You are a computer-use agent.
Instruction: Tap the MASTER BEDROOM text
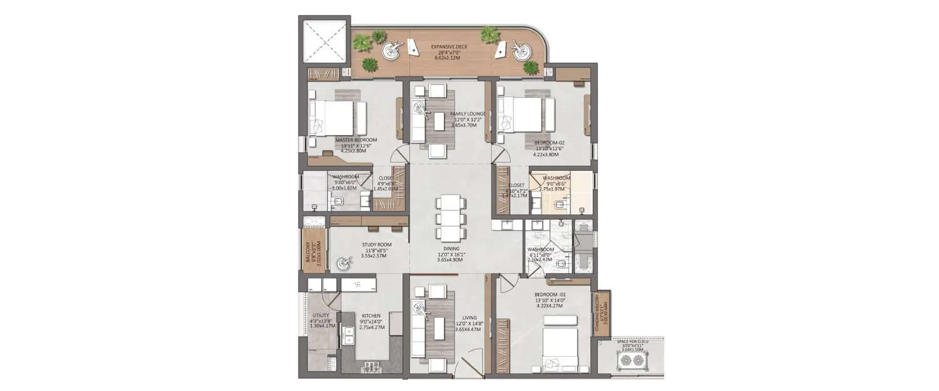(356, 140)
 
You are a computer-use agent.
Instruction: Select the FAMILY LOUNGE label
(468, 114)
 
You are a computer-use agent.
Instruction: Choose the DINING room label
(449, 248)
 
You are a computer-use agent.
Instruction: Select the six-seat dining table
(450, 218)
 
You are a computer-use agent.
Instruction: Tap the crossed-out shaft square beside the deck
(323, 40)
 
